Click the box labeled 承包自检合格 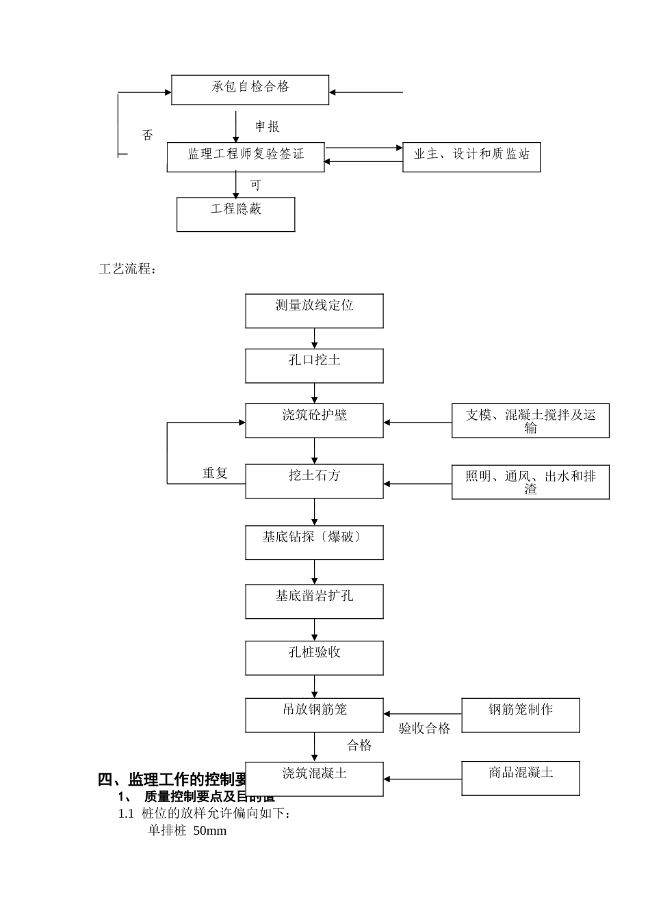point(250,89)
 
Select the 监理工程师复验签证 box point(246,157)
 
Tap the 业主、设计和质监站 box point(471,157)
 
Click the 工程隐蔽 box point(235,214)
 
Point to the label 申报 point(267,126)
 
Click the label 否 point(148,135)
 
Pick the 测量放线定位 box point(314,310)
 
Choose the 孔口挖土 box point(314,365)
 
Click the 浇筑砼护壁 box point(314,420)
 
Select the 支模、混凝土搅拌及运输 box point(530,421)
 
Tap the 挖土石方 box point(314,481)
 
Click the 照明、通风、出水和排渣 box point(530,482)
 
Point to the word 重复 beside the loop point(215,472)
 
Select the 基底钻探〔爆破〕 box point(314,542)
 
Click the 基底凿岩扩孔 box point(314,601)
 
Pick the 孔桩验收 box point(314,657)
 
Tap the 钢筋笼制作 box point(521,715)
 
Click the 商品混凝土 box point(521,778)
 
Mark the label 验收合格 point(425,729)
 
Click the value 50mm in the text point(209,831)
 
